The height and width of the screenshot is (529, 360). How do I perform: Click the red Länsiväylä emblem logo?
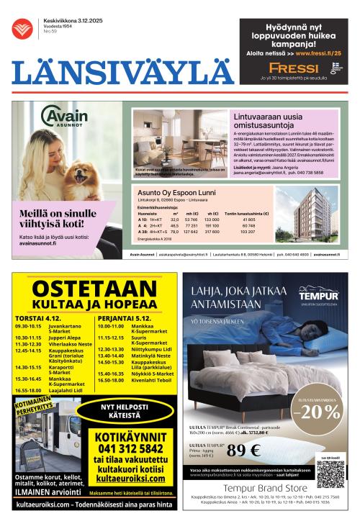coord(22,29)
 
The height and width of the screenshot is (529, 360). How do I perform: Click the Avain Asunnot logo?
coord(64,117)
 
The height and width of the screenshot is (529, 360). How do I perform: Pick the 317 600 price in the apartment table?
coord(212,232)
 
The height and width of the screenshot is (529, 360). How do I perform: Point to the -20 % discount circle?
coord(320,412)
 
